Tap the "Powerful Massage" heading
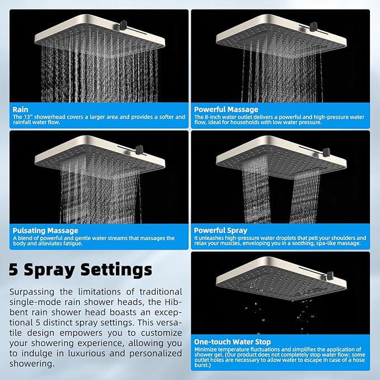pyautogui.click(x=226, y=109)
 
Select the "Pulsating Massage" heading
pyautogui.click(x=45, y=230)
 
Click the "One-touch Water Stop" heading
pyautogui.click(x=232, y=341)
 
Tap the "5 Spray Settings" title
pyautogui.click(x=80, y=269)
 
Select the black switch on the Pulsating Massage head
pyautogui.click(x=139, y=149)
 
